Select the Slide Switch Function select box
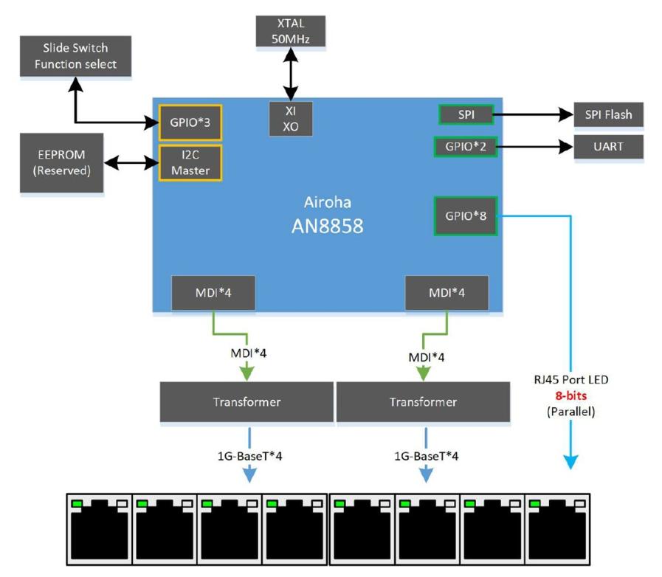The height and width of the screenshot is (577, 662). click(75, 56)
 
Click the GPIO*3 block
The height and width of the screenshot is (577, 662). click(190, 122)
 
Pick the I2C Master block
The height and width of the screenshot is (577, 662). click(190, 162)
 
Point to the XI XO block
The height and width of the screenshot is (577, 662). click(290, 118)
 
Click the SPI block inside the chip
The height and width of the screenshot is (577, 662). click(465, 114)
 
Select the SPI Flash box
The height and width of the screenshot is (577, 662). click(609, 114)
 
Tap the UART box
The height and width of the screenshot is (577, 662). click(609, 146)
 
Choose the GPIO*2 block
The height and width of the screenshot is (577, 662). click(465, 146)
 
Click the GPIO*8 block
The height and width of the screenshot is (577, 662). click(465, 216)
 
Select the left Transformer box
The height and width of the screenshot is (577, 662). click(246, 402)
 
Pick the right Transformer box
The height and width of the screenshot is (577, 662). click(423, 402)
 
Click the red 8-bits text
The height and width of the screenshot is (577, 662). click(571, 395)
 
